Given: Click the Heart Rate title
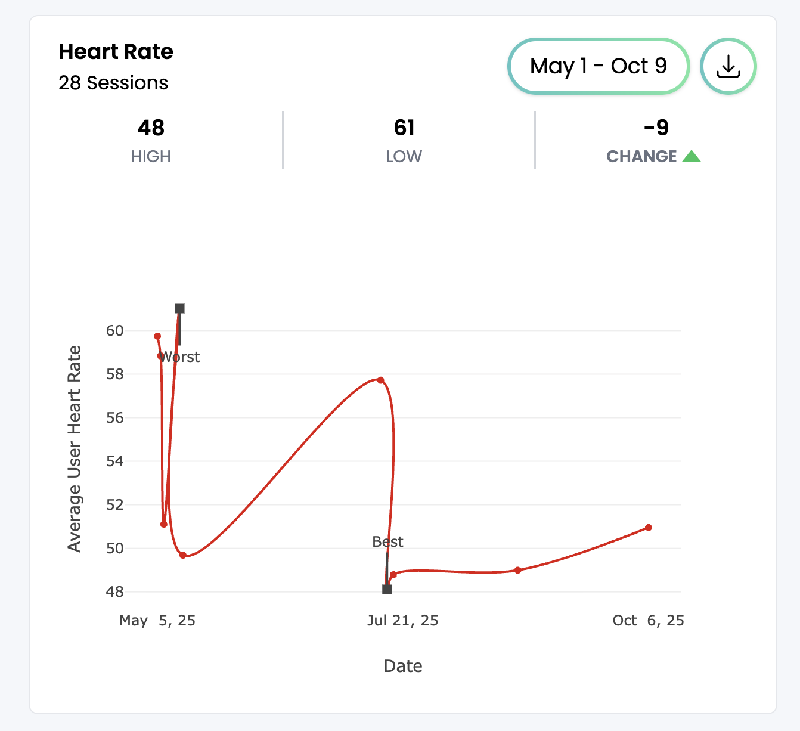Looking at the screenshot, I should [116, 52].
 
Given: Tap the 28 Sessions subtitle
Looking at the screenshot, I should [113, 83].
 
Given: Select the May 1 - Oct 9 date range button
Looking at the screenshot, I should [599, 66].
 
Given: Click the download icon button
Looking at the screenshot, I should [728, 66].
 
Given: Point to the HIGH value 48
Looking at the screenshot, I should [151, 128].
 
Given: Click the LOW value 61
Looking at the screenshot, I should [404, 128].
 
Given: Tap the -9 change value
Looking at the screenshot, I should [656, 128].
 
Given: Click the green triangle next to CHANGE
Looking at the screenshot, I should [692, 156].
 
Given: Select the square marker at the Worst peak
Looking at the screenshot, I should [179, 308].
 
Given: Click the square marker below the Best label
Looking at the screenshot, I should [387, 589].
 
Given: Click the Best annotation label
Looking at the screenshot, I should [387, 541].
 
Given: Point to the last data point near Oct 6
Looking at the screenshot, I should [649, 528].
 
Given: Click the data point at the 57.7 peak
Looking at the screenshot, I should [380, 380].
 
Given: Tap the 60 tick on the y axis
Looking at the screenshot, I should [114, 331].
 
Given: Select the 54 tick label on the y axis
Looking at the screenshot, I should [114, 461].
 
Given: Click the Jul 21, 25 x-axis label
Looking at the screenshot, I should [402, 621].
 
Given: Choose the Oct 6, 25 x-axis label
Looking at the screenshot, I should [648, 621].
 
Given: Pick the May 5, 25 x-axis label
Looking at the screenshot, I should [157, 621].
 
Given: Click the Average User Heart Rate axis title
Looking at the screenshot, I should [74, 448].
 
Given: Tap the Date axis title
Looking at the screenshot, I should [403, 666].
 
